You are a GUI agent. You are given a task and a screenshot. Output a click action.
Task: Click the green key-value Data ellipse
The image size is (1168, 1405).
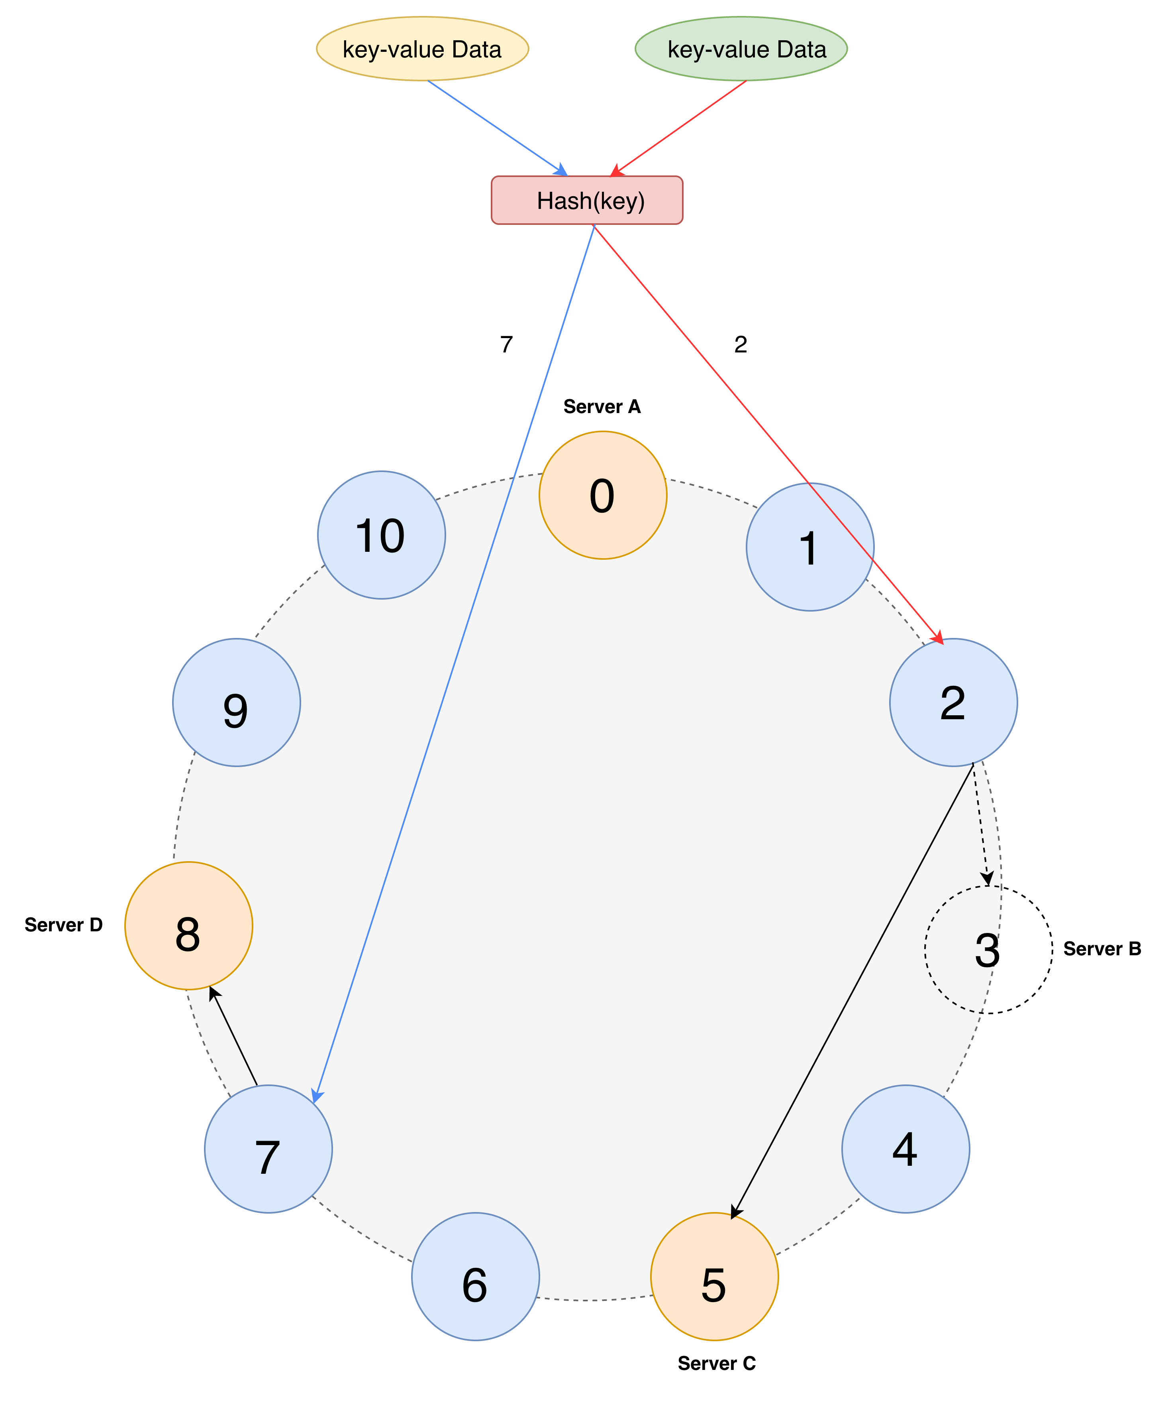[x=741, y=49]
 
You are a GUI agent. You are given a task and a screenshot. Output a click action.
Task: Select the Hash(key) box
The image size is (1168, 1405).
[x=587, y=200]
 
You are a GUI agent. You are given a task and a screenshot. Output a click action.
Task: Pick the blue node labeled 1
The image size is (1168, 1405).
[x=809, y=547]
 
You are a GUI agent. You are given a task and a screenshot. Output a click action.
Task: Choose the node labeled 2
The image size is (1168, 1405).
[x=953, y=702]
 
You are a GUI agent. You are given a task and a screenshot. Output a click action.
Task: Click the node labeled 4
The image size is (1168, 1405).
[x=905, y=1149]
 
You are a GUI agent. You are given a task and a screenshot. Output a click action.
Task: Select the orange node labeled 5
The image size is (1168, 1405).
[x=714, y=1277]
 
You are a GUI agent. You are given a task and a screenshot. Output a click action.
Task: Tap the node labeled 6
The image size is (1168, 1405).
[x=475, y=1277]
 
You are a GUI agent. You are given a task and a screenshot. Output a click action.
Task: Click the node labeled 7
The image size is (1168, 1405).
[x=268, y=1149]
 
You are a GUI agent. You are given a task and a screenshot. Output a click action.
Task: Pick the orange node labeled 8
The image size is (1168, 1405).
[x=188, y=925]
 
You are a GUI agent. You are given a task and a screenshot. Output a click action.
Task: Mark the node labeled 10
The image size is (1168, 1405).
[x=381, y=535]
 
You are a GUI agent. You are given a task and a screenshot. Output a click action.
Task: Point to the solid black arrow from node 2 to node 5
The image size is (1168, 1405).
[x=852, y=990]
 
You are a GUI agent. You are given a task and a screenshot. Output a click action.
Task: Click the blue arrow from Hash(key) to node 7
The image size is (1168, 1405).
[x=455, y=662]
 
